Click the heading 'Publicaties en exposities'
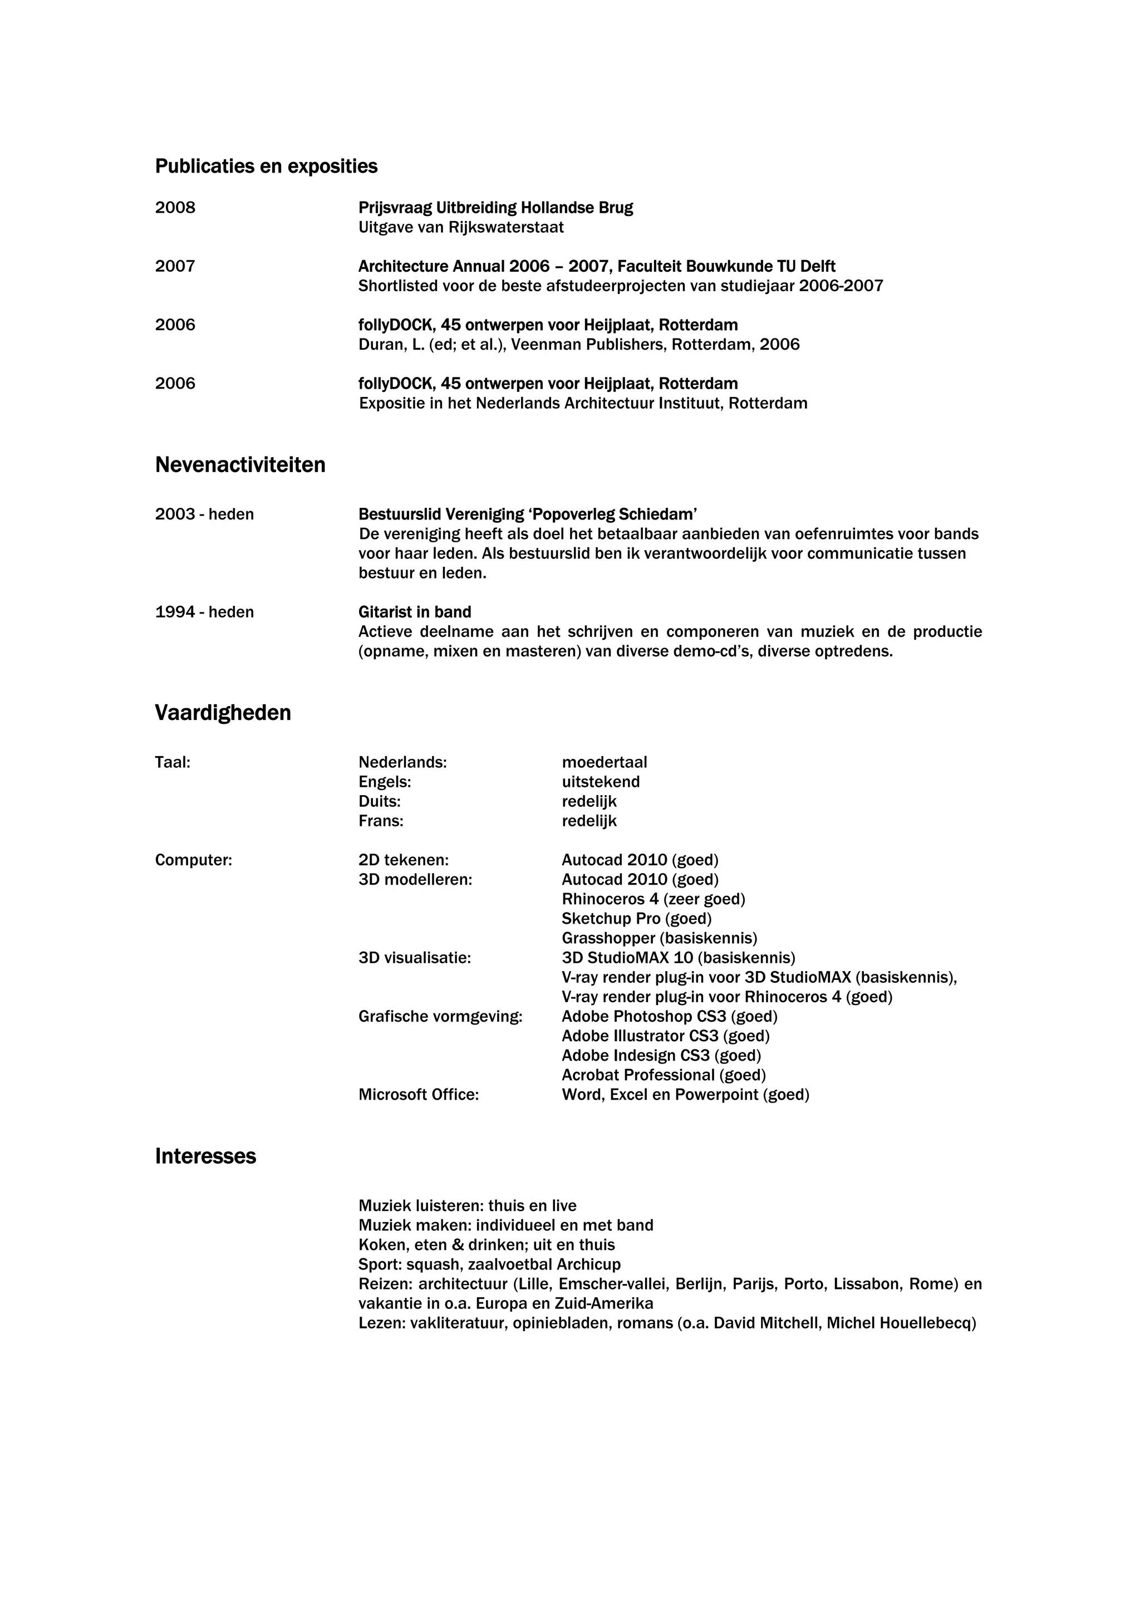[266, 166]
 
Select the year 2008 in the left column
[175, 208]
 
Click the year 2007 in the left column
[175, 266]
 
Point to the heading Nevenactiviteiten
[240, 465]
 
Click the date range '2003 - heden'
[204, 514]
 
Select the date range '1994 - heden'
[204, 612]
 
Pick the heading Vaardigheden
[223, 713]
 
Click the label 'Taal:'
[173, 762]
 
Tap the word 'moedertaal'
[604, 762]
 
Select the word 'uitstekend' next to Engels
[601, 782]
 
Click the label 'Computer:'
[193, 860]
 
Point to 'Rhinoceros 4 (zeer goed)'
[653, 899]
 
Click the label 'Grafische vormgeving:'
[440, 1017]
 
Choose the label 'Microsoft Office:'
[419, 1095]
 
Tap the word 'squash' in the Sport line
[431, 1264]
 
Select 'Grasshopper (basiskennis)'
[660, 939]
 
